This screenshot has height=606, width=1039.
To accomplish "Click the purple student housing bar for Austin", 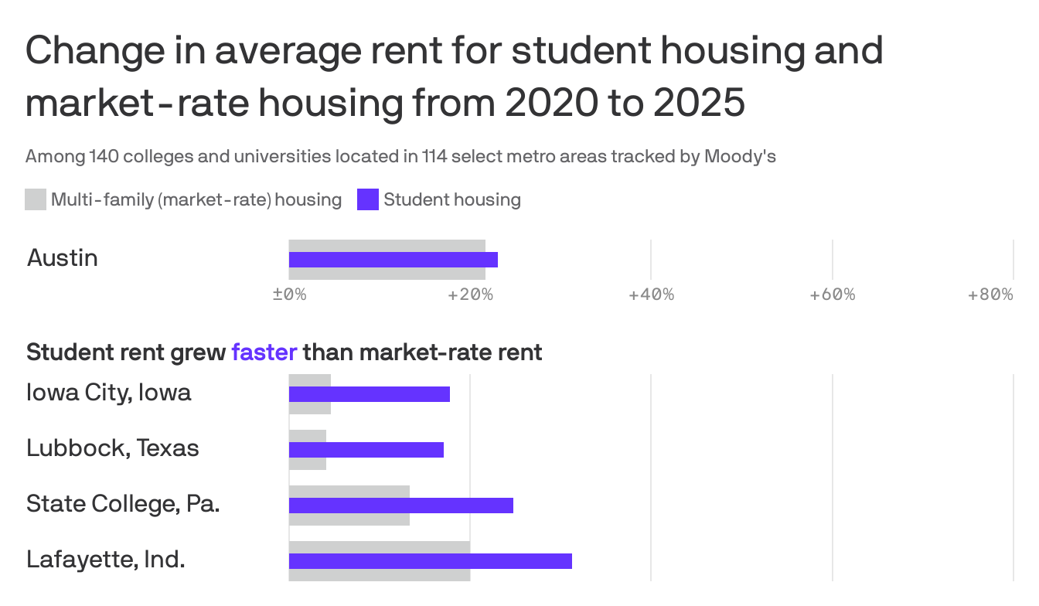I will point(393,260).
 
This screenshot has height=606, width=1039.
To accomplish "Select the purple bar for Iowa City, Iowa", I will point(369,394).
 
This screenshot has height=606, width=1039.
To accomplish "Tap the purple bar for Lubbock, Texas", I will point(366,450).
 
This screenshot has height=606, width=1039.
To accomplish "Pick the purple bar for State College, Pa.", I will point(400,506).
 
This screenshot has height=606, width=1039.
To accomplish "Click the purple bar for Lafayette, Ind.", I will point(430,561).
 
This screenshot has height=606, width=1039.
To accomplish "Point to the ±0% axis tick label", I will point(289,294).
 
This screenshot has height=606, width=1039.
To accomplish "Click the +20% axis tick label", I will point(470,294).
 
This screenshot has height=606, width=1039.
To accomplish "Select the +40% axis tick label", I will point(651,294).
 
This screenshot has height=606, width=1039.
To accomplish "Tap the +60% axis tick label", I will point(832,294).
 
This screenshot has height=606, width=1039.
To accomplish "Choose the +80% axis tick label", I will point(990,294).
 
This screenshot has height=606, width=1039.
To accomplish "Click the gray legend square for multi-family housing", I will point(36,199).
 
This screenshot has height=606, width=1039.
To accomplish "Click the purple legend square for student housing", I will point(368,199).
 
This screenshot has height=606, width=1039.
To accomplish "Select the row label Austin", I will point(63,257).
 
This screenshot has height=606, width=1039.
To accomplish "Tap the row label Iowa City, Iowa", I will point(109,393).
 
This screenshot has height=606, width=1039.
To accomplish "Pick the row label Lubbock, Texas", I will point(113,448).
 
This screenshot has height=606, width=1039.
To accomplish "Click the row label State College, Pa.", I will point(123,504).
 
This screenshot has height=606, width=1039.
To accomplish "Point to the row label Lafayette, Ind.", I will point(106,560).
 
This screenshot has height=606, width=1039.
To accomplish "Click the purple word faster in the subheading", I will point(264,352).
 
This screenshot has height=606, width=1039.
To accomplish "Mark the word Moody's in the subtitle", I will point(740,157).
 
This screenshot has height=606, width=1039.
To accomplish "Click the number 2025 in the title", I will point(699,103).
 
